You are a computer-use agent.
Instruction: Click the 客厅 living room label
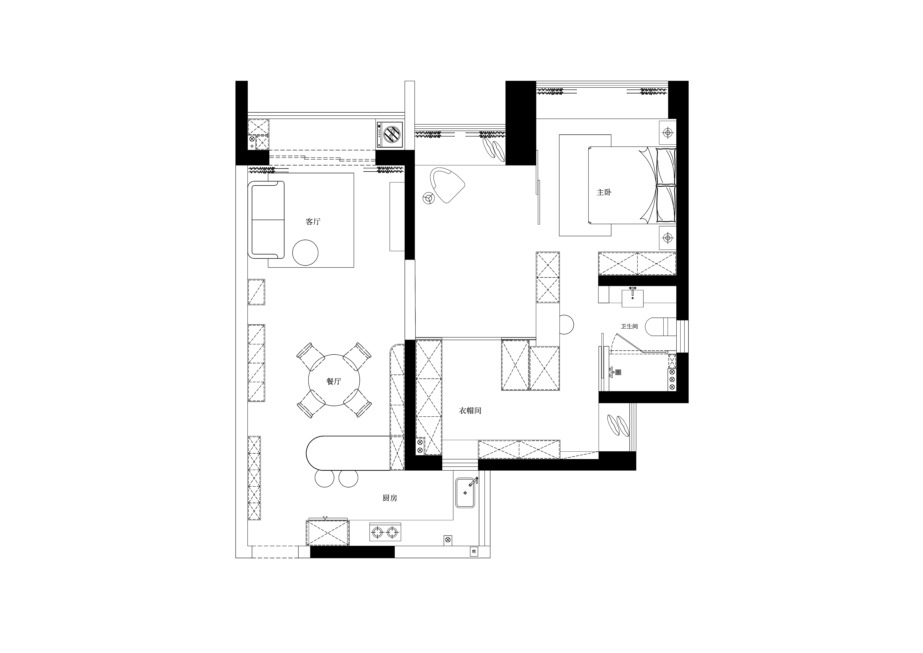313,222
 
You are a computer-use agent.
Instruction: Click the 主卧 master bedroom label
604,193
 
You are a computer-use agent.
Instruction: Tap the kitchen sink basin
466,493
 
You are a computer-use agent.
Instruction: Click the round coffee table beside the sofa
305,253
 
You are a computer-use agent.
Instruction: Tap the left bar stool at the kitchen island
324,478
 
